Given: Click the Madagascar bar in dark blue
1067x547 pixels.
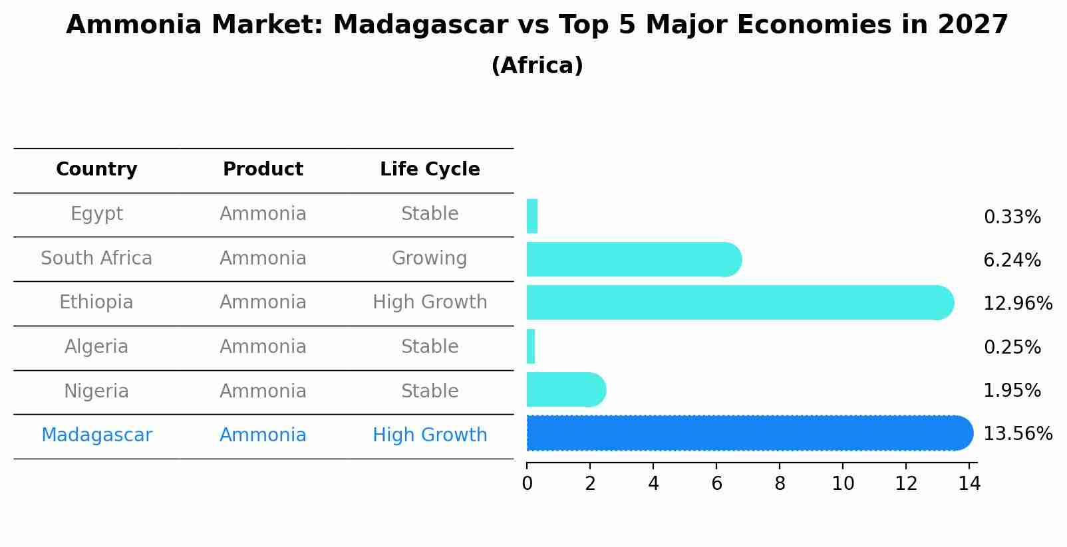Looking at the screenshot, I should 748,433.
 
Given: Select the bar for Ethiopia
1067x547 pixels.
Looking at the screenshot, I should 738,302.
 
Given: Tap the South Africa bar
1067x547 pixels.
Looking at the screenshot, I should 632,259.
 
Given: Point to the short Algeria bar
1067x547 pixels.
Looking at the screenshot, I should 531,346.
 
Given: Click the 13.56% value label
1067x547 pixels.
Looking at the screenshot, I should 1017,434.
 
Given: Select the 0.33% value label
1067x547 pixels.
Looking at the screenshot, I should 1012,217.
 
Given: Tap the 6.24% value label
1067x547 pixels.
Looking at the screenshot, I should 1012,261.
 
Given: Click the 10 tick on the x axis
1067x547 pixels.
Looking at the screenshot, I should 843,484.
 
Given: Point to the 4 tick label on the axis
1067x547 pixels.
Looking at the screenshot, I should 653,484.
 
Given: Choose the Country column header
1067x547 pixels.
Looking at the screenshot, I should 96,169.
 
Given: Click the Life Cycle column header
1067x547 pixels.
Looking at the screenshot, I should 430,169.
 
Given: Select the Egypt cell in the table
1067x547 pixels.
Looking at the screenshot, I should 96,214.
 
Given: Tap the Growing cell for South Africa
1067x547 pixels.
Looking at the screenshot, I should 430,259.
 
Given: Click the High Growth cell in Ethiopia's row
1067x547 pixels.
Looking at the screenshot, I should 430,302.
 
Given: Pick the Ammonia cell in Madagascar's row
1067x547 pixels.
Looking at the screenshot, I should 263,435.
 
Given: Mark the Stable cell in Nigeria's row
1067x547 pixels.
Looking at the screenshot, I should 430,391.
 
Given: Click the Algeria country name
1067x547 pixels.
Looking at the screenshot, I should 96,347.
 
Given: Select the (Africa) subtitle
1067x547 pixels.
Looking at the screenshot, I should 537,66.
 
